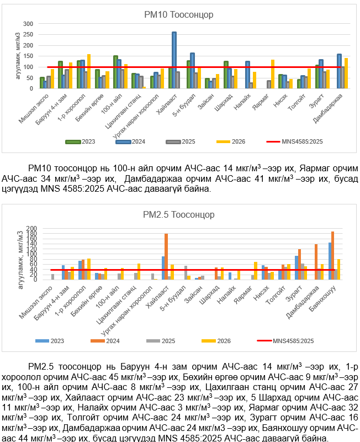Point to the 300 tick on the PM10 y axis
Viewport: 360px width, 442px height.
(29, 24)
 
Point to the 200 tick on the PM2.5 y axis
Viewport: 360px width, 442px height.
(30, 228)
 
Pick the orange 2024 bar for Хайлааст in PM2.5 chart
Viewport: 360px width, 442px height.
(166, 256)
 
